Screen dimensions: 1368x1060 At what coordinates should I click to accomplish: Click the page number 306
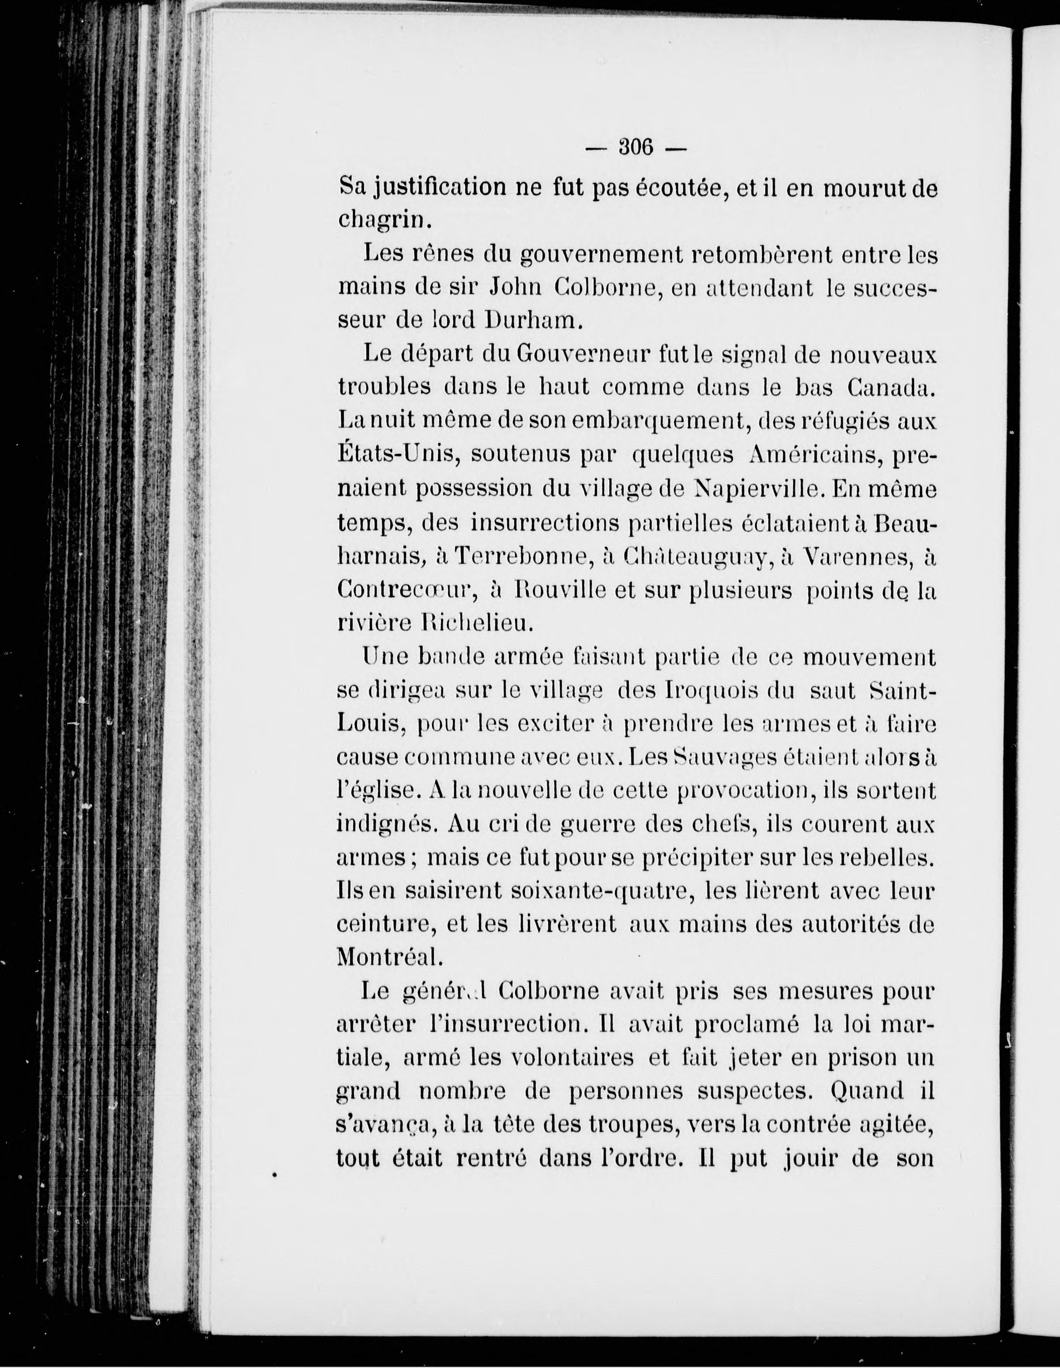(636, 148)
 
